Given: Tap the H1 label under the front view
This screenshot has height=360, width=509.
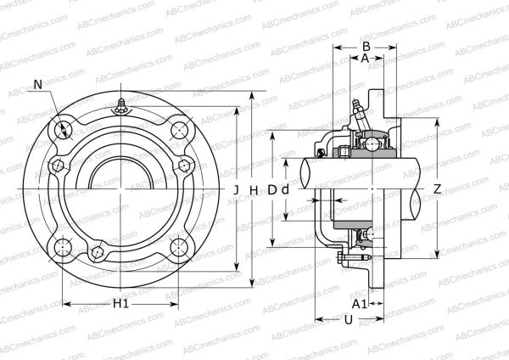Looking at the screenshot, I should point(120,303).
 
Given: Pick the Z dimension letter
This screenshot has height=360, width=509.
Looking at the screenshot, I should point(436,188).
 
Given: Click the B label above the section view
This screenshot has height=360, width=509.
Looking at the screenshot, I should point(366,46).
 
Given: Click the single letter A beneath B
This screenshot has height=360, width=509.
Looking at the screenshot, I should point(365,59).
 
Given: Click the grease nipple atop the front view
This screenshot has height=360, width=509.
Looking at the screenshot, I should point(122,106).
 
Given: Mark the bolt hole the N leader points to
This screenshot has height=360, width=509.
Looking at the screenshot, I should point(64,130).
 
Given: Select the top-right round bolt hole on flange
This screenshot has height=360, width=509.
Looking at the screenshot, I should point(179,130).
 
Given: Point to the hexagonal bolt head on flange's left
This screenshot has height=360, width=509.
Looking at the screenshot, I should point(58,166).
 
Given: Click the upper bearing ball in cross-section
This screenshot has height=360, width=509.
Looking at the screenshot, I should point(371,145).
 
